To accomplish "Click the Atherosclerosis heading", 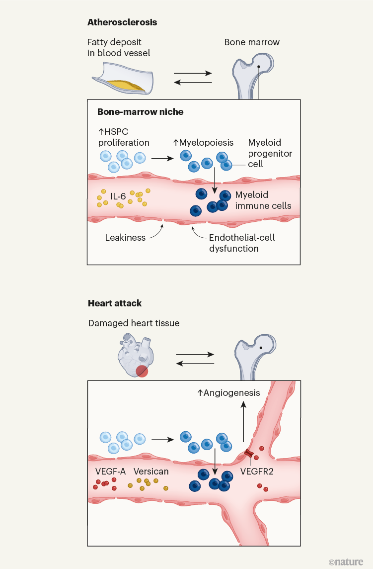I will click(x=123, y=22).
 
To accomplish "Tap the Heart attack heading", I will click(x=115, y=303).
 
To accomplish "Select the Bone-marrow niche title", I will click(x=140, y=112).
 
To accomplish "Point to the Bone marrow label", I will click(x=252, y=42).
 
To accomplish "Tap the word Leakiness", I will click(x=125, y=237).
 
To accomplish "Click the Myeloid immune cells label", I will click(x=263, y=200).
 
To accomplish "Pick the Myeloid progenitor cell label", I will click(x=270, y=154).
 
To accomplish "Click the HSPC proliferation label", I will click(x=124, y=138).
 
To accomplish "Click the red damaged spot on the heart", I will click(x=142, y=371).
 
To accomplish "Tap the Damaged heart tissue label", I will click(x=134, y=323).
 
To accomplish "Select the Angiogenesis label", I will click(x=228, y=393).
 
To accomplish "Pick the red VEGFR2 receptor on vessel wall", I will click(x=248, y=454).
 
